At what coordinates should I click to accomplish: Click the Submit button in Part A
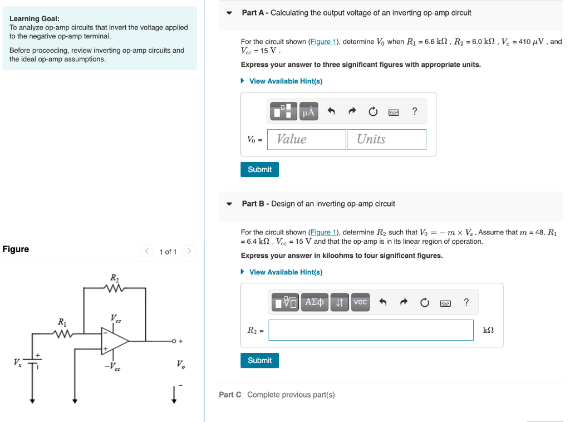click(259, 169)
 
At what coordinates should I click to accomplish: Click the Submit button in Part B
click(259, 360)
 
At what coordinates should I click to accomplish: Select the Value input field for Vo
click(307, 139)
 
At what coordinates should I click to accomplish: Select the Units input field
click(386, 139)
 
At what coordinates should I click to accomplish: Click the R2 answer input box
click(371, 330)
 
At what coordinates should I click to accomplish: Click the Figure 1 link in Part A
click(323, 42)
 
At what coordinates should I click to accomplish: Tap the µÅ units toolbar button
click(308, 111)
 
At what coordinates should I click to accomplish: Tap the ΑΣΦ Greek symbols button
click(315, 302)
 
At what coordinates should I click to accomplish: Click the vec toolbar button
click(360, 302)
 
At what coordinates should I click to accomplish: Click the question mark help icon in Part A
click(414, 111)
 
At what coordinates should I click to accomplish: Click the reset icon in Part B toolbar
click(425, 302)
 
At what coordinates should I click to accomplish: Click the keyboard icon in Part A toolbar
click(394, 112)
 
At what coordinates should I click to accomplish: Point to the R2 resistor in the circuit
click(114, 288)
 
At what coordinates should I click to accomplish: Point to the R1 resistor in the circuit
click(62, 333)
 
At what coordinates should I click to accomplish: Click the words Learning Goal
click(35, 18)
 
